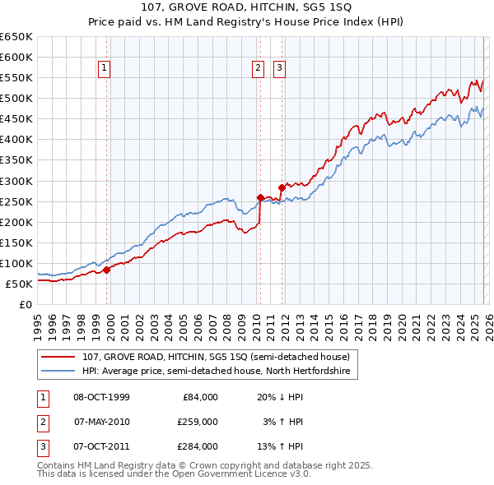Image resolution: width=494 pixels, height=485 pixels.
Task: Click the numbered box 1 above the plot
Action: (x=106, y=68)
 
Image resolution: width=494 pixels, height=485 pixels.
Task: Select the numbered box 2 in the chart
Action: (x=258, y=68)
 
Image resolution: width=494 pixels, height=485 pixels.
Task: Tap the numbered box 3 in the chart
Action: (x=279, y=68)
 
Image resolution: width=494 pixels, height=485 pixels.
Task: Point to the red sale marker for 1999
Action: (x=106, y=270)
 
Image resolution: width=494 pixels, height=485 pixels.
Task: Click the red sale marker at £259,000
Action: (x=260, y=197)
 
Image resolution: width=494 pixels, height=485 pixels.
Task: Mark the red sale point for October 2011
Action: (x=282, y=187)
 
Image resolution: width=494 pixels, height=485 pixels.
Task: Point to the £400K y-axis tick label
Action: (x=16, y=140)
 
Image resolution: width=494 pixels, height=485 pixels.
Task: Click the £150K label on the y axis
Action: (x=16, y=242)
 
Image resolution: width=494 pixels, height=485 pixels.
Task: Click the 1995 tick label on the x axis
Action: (x=37, y=325)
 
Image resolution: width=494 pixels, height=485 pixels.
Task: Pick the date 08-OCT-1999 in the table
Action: (x=101, y=397)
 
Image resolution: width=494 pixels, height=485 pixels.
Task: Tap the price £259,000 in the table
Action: (x=198, y=422)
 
